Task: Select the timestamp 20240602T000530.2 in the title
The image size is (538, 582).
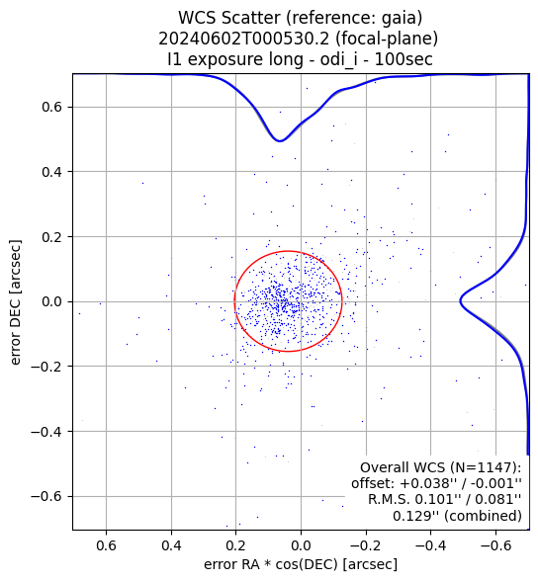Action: click(x=244, y=39)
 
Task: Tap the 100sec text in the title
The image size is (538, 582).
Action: click(x=403, y=59)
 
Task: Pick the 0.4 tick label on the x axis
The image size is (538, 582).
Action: click(x=171, y=545)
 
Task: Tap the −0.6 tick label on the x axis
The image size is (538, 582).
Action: click(x=495, y=545)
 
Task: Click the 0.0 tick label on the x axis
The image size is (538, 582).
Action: click(x=301, y=545)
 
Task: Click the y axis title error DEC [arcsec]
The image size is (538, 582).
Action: click(x=16, y=302)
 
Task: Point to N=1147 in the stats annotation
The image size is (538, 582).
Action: click(x=486, y=467)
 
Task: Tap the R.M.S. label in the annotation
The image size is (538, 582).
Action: click(x=390, y=500)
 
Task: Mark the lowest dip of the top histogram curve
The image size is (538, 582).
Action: click(x=280, y=140)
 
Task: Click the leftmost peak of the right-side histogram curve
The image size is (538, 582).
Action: click(x=460, y=301)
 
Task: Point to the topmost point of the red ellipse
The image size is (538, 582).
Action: click(x=289, y=251)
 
